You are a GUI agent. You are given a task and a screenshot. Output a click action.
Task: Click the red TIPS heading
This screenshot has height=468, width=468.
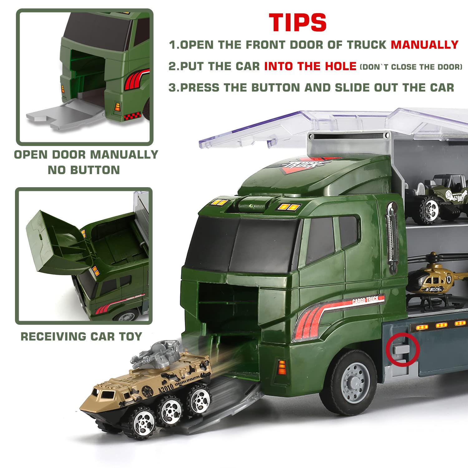298,22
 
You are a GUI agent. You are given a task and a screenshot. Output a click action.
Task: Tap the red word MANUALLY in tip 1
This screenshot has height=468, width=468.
425,45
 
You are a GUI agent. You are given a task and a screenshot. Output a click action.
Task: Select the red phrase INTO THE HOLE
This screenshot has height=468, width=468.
310,66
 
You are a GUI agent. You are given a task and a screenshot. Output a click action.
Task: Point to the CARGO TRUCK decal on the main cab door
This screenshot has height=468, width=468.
365,300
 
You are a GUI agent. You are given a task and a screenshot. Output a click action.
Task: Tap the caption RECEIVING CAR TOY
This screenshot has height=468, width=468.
81,336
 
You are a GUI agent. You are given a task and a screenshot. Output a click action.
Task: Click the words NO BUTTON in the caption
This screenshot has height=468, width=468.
84,170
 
